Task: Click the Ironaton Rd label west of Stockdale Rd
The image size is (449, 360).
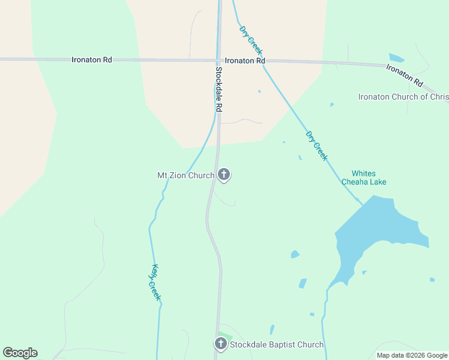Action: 92,59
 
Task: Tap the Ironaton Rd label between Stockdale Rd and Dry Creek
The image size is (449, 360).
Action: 245,61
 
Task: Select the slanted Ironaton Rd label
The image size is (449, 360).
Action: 405,74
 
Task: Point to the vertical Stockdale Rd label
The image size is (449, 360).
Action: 218,88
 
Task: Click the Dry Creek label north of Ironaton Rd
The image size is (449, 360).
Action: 250,40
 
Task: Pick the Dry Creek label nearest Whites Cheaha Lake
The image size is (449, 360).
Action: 316,146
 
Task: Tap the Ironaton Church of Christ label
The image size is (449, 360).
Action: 403,97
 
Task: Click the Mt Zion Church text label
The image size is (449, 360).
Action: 185,175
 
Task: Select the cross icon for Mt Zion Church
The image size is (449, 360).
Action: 224,175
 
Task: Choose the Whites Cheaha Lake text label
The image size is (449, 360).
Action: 364,178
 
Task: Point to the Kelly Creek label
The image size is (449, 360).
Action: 156,283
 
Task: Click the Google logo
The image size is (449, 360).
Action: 20,353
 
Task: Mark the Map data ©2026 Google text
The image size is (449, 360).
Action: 412,355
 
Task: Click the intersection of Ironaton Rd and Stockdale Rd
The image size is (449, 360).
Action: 218,60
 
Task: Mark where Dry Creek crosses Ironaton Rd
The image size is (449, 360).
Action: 264,61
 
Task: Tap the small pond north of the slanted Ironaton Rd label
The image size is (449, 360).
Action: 397,58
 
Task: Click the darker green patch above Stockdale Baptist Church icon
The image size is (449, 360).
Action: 225,335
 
